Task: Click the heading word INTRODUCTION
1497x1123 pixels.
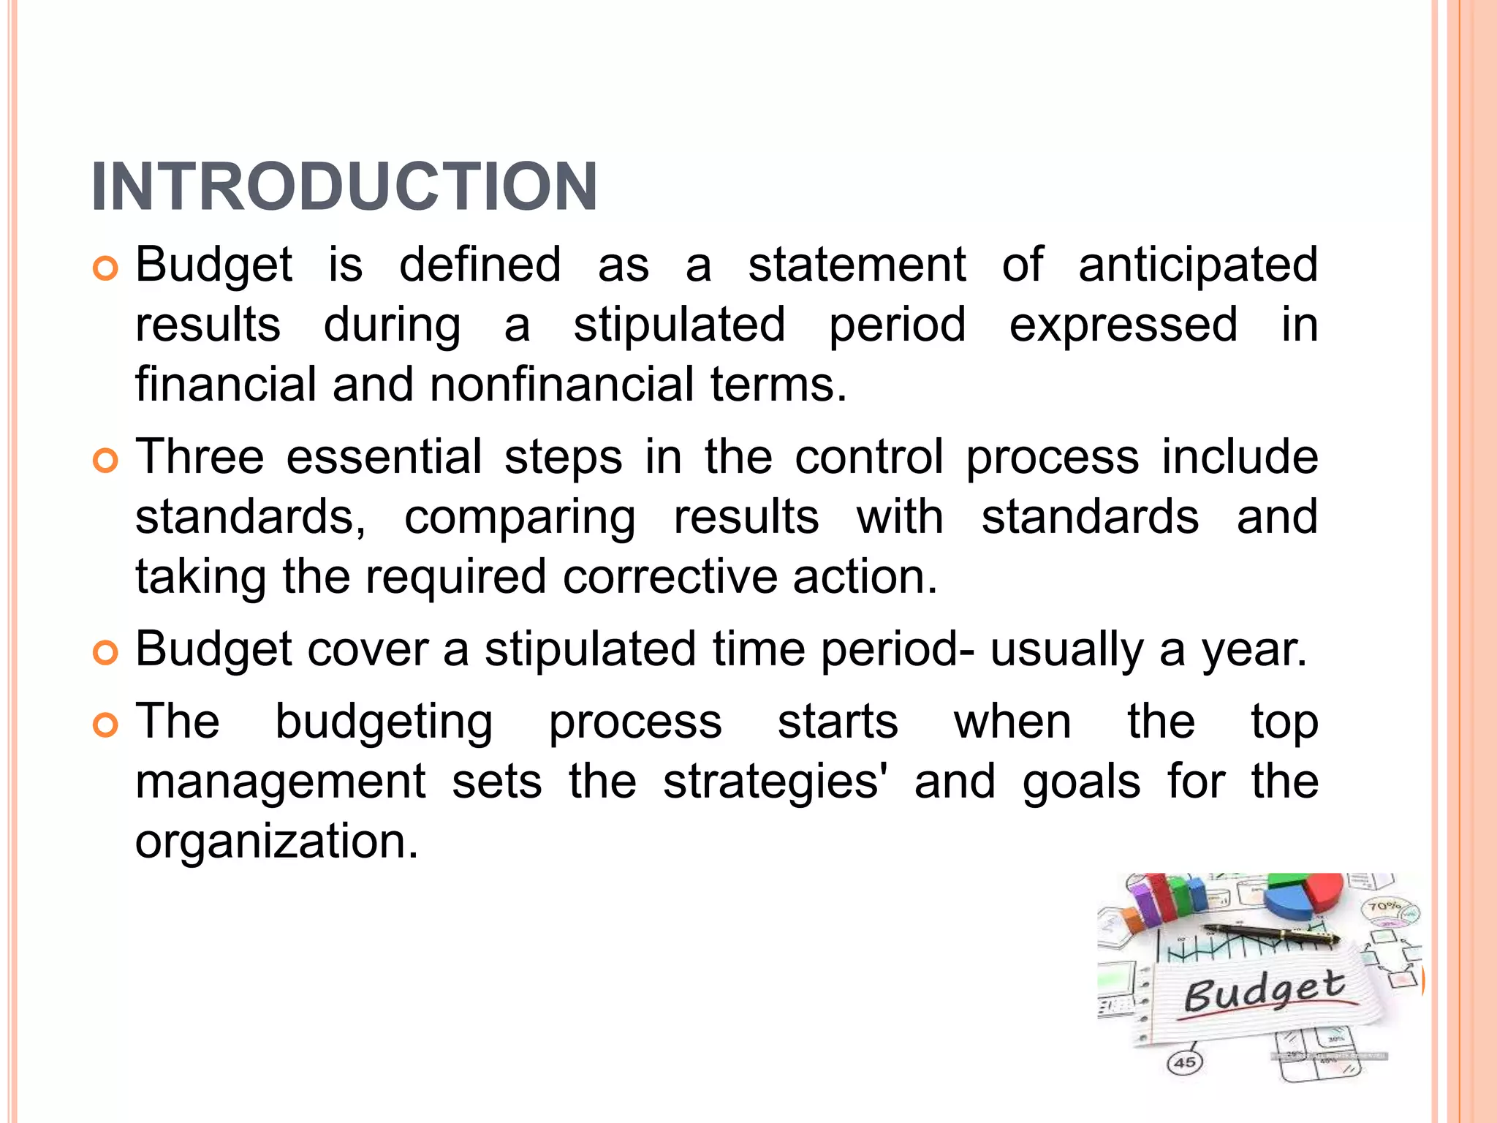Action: pyautogui.click(x=344, y=187)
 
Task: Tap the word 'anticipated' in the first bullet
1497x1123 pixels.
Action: pyautogui.click(x=1198, y=265)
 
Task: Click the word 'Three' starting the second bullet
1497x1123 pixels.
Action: pyautogui.click(x=200, y=457)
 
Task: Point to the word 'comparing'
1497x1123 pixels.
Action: pyautogui.click(x=520, y=518)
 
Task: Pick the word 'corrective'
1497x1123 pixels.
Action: pyautogui.click(x=670, y=578)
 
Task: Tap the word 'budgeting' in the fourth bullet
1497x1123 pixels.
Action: pyautogui.click(x=384, y=722)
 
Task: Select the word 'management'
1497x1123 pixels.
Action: pyautogui.click(x=280, y=782)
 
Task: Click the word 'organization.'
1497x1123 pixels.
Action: pyautogui.click(x=277, y=842)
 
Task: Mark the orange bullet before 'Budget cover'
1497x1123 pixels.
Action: pyautogui.click(x=106, y=652)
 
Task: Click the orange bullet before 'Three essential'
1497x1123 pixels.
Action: pyautogui.click(x=106, y=461)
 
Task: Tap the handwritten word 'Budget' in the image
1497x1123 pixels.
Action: pyautogui.click(x=1264, y=991)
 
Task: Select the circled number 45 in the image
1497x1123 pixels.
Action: pyautogui.click(x=1185, y=1062)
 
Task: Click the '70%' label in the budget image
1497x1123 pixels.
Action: pyautogui.click(x=1384, y=907)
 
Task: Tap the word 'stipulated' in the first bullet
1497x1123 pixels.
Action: pyautogui.click(x=679, y=325)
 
